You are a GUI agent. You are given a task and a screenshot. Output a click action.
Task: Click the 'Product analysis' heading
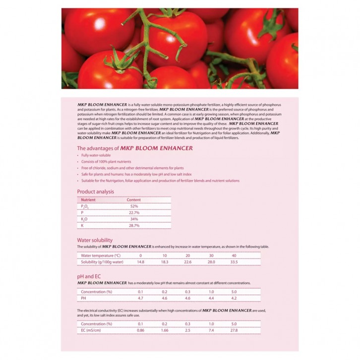point(96,191)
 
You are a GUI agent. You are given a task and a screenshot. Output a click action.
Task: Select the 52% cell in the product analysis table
point(134,206)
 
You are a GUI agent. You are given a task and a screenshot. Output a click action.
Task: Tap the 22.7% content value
point(134,212)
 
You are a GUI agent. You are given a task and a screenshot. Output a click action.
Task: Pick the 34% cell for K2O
point(134,219)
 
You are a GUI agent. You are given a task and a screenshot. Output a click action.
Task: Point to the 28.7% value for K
point(134,225)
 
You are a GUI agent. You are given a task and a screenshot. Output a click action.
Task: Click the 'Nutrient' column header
point(88,199)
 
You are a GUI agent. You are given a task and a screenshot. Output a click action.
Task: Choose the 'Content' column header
point(134,199)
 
